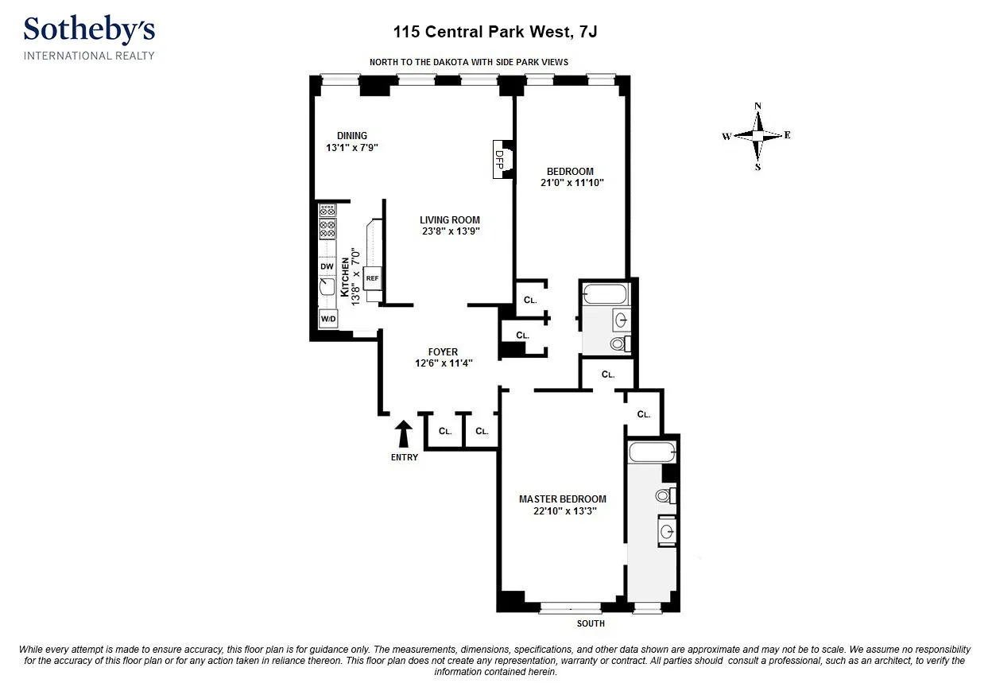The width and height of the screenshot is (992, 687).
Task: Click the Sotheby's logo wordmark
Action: click(x=89, y=30)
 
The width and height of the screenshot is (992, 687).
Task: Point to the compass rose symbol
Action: click(x=758, y=136)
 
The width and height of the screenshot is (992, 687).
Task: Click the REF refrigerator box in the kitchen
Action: click(x=372, y=279)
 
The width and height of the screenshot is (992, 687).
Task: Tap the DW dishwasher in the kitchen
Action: click(x=327, y=266)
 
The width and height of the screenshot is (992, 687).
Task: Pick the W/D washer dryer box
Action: click(x=327, y=320)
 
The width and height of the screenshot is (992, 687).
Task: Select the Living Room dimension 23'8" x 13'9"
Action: click(x=450, y=231)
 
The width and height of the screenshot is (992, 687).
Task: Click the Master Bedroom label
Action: click(x=563, y=499)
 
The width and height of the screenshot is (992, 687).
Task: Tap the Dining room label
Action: click(x=351, y=136)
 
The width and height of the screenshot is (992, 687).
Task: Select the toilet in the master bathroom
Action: click(x=665, y=496)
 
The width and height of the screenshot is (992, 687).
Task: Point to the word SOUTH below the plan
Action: click(x=591, y=623)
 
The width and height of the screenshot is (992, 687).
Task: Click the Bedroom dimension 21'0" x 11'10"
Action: click(x=570, y=183)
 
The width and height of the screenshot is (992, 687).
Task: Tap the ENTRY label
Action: click(x=404, y=457)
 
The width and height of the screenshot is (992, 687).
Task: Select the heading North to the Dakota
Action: click(x=469, y=62)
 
